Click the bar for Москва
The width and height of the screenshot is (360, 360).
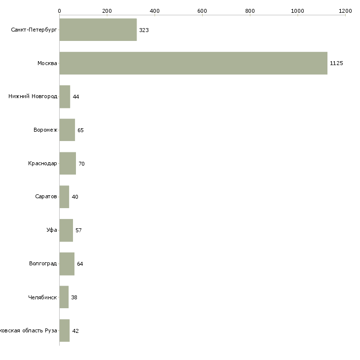coord(193,63)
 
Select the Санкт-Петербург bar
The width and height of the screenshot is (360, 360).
coord(98,30)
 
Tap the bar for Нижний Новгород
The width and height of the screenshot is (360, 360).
coord(65,97)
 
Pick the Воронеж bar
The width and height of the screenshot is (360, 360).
coord(67,130)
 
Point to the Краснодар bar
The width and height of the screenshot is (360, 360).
coord(68,163)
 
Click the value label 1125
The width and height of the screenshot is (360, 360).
coord(336,63)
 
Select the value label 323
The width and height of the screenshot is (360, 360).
coord(144,30)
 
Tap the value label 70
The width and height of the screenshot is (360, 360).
coord(81,164)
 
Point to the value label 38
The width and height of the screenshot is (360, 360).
coord(74,297)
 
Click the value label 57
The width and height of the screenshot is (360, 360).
coord(78,230)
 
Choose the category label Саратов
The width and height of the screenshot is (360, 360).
coord(46,197)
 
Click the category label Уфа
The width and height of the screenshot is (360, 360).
coord(52,230)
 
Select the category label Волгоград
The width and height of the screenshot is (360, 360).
coord(43,264)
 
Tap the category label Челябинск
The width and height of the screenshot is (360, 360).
coord(43,297)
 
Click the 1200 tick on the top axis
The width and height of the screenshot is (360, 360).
coord(345,10)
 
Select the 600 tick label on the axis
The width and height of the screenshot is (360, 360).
coord(202,10)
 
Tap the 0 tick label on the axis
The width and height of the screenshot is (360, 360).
coord(59,10)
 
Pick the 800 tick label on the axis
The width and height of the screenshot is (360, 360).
coord(250,10)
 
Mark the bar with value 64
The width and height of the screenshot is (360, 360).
coord(67,264)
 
